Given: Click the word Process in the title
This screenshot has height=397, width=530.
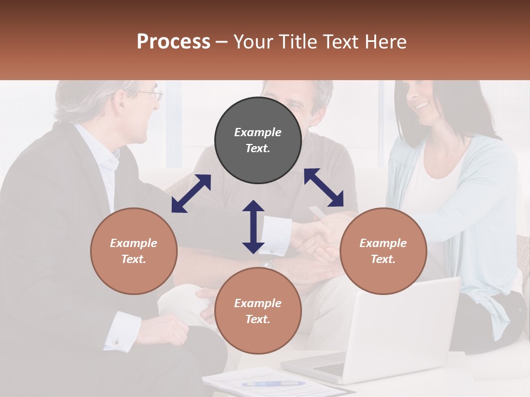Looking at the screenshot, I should pyautogui.click(x=173, y=42).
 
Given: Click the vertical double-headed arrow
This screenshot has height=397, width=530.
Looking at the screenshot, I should pyautogui.click(x=253, y=227).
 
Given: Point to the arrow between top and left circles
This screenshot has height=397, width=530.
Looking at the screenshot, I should pyautogui.click(x=191, y=194).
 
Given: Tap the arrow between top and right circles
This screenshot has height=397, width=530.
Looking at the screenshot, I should pyautogui.click(x=324, y=187).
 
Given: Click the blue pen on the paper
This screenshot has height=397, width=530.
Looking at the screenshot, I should pyautogui.click(x=273, y=383).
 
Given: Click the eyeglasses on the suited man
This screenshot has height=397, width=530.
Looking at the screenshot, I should pyautogui.click(x=151, y=94).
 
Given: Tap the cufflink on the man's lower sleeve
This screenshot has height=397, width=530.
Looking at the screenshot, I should pyautogui.click(x=116, y=342).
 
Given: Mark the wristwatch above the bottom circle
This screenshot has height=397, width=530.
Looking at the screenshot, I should pyautogui.click(x=269, y=265).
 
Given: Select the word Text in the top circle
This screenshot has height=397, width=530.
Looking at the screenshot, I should pyautogui.click(x=258, y=148).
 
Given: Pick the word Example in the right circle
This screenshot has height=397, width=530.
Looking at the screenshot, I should pyautogui.click(x=383, y=243).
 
